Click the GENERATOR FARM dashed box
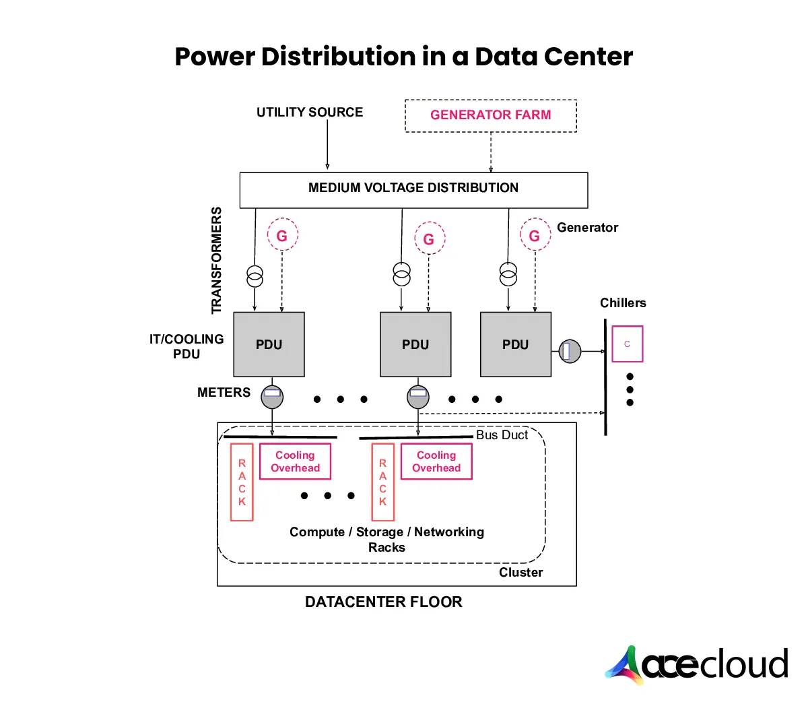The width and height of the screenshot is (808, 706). (x=490, y=115)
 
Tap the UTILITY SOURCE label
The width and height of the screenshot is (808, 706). (x=310, y=112)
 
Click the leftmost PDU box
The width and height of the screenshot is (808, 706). (x=269, y=344)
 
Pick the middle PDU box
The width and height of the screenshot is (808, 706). (x=415, y=344)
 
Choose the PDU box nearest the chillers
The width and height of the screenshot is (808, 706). (x=516, y=344)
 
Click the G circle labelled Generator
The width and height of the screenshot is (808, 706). (x=535, y=235)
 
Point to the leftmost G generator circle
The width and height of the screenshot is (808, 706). (x=282, y=235)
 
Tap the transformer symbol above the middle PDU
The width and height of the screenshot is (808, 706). (x=401, y=274)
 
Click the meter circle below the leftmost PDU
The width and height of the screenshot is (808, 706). (x=272, y=397)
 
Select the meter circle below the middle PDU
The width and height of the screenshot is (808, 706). (x=418, y=397)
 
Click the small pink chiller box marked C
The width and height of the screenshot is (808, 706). (x=627, y=344)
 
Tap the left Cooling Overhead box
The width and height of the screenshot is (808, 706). (x=295, y=461)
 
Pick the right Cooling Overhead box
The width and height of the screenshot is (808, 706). (x=436, y=461)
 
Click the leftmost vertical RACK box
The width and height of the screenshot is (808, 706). (x=242, y=482)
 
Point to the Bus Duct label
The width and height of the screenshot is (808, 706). (x=502, y=435)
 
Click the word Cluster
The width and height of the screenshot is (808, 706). (x=520, y=573)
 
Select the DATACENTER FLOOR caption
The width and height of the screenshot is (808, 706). (x=383, y=602)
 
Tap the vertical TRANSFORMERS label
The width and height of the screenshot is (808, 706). (x=216, y=260)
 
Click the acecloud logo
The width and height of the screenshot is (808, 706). (x=697, y=665)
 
